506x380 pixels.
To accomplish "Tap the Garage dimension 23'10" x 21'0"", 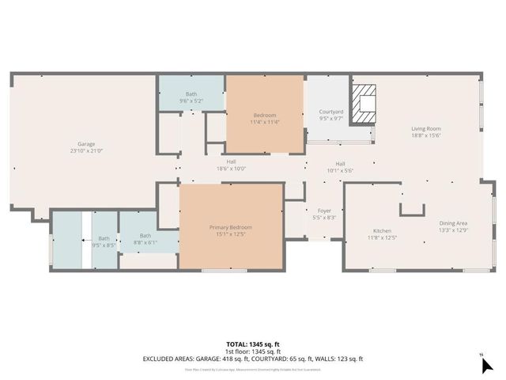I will pyautogui.click(x=86, y=150).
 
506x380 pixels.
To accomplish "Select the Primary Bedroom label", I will pyautogui.click(x=231, y=227).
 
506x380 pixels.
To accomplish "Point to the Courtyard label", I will pyautogui.click(x=331, y=112).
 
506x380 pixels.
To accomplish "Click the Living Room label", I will pyautogui.click(x=426, y=128).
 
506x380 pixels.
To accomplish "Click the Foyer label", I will pyautogui.click(x=325, y=211).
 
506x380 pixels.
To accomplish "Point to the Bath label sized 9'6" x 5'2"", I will pyautogui.click(x=191, y=94).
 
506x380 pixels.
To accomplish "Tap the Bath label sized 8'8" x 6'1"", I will pyautogui.click(x=145, y=235).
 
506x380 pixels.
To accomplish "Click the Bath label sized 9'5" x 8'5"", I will pyautogui.click(x=104, y=238).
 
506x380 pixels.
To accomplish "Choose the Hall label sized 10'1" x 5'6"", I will pyautogui.click(x=340, y=163).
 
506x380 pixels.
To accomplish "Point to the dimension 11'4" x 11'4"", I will pyautogui.click(x=264, y=122).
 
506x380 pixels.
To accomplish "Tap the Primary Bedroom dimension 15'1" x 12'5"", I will pyautogui.click(x=231, y=234).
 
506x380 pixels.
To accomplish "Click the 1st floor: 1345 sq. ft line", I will pyautogui.click(x=253, y=351).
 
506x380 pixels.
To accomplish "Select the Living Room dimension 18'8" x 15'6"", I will pyautogui.click(x=426, y=135).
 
